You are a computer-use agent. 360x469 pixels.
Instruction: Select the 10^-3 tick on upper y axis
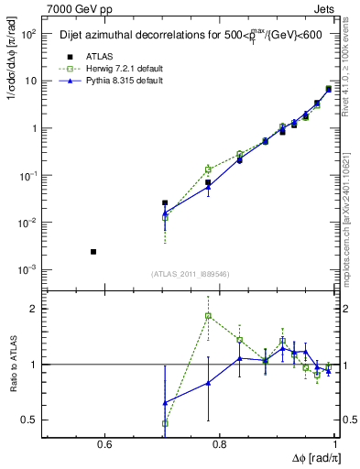pos(25,270)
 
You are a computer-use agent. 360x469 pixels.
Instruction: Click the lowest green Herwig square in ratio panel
pos(165,423)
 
